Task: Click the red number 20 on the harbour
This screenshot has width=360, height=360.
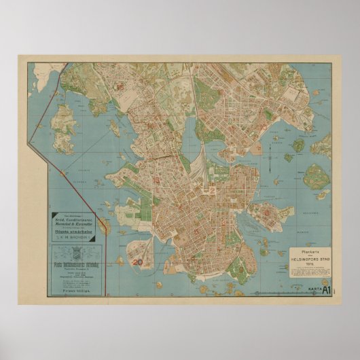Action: pyautogui.click(x=139, y=260)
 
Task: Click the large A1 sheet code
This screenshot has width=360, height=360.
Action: pyautogui.click(x=326, y=291)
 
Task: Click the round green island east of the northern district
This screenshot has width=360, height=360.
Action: pyautogui.click(x=298, y=145)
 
